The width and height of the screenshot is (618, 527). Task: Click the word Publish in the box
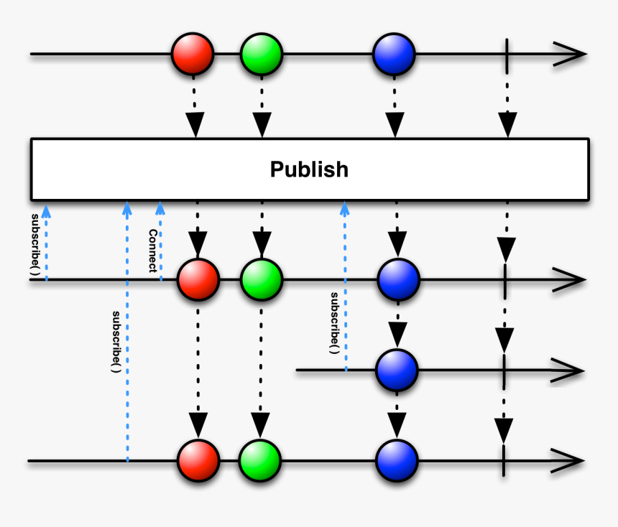click(x=309, y=169)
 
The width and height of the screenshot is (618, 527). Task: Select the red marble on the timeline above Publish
click(x=193, y=54)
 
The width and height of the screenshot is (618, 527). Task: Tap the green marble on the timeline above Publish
click(x=262, y=54)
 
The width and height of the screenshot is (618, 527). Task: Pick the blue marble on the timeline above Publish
click(x=394, y=54)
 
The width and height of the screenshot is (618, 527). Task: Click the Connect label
click(x=152, y=251)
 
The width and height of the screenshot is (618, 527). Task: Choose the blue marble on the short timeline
click(x=397, y=370)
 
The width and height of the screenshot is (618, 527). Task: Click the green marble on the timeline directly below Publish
click(x=262, y=279)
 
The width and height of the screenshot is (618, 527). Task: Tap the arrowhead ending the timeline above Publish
click(x=571, y=54)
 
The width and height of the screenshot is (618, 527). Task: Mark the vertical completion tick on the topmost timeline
click(x=508, y=54)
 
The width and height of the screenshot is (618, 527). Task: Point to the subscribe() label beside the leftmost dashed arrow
click(x=35, y=244)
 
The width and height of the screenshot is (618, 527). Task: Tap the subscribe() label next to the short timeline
click(x=334, y=322)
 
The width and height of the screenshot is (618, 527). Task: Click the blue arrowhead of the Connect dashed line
click(x=160, y=209)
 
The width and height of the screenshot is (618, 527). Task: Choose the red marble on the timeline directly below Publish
click(x=198, y=279)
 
